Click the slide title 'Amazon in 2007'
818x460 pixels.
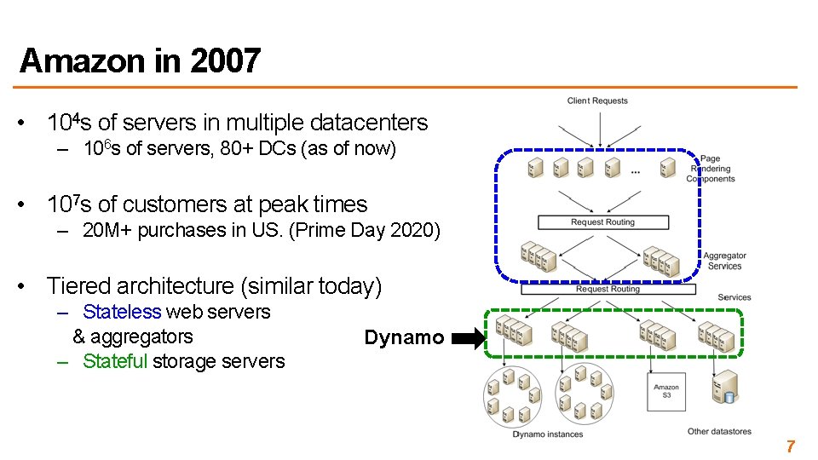pyautogui.click(x=140, y=61)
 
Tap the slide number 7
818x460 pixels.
pyautogui.click(x=791, y=446)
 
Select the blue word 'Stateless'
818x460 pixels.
pyautogui.click(x=122, y=312)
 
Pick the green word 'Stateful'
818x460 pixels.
pyautogui.click(x=115, y=361)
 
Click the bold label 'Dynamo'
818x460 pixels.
pyautogui.click(x=404, y=337)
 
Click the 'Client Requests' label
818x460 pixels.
pyautogui.click(x=597, y=101)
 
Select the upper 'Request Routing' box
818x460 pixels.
pyautogui.click(x=602, y=222)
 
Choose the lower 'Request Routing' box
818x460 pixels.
pyautogui.click(x=608, y=290)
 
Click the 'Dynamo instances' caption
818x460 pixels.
pyautogui.click(x=548, y=434)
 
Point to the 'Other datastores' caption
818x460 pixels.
pyautogui.click(x=719, y=432)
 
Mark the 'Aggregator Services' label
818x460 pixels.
pyautogui.click(x=724, y=261)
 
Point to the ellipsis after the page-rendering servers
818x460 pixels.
pyautogui.click(x=637, y=171)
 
